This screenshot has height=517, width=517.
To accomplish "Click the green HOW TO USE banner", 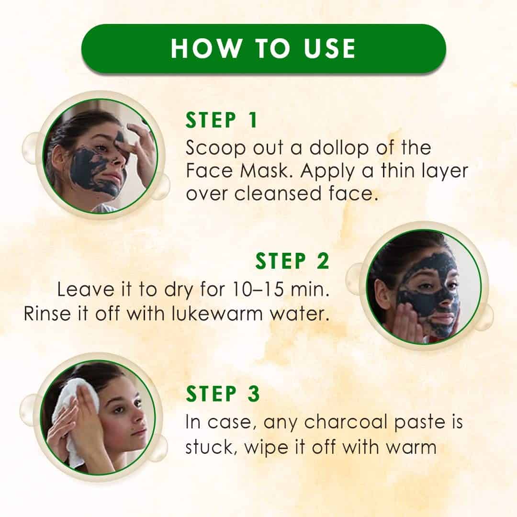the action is (x=263, y=48).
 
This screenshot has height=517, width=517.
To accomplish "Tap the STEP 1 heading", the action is (x=221, y=120).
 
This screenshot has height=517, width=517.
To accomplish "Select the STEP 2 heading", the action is (x=292, y=261).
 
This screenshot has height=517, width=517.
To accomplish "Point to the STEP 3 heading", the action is (x=223, y=393).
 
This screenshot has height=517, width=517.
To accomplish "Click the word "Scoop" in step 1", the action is (x=215, y=148).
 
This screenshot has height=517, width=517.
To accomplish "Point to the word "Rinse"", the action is (x=47, y=314).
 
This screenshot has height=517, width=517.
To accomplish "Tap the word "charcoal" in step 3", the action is (x=345, y=422).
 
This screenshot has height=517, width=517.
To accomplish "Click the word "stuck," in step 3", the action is (x=212, y=448).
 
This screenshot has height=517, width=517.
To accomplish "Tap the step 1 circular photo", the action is (x=100, y=156).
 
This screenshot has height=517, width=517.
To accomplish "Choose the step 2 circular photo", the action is (x=424, y=287).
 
